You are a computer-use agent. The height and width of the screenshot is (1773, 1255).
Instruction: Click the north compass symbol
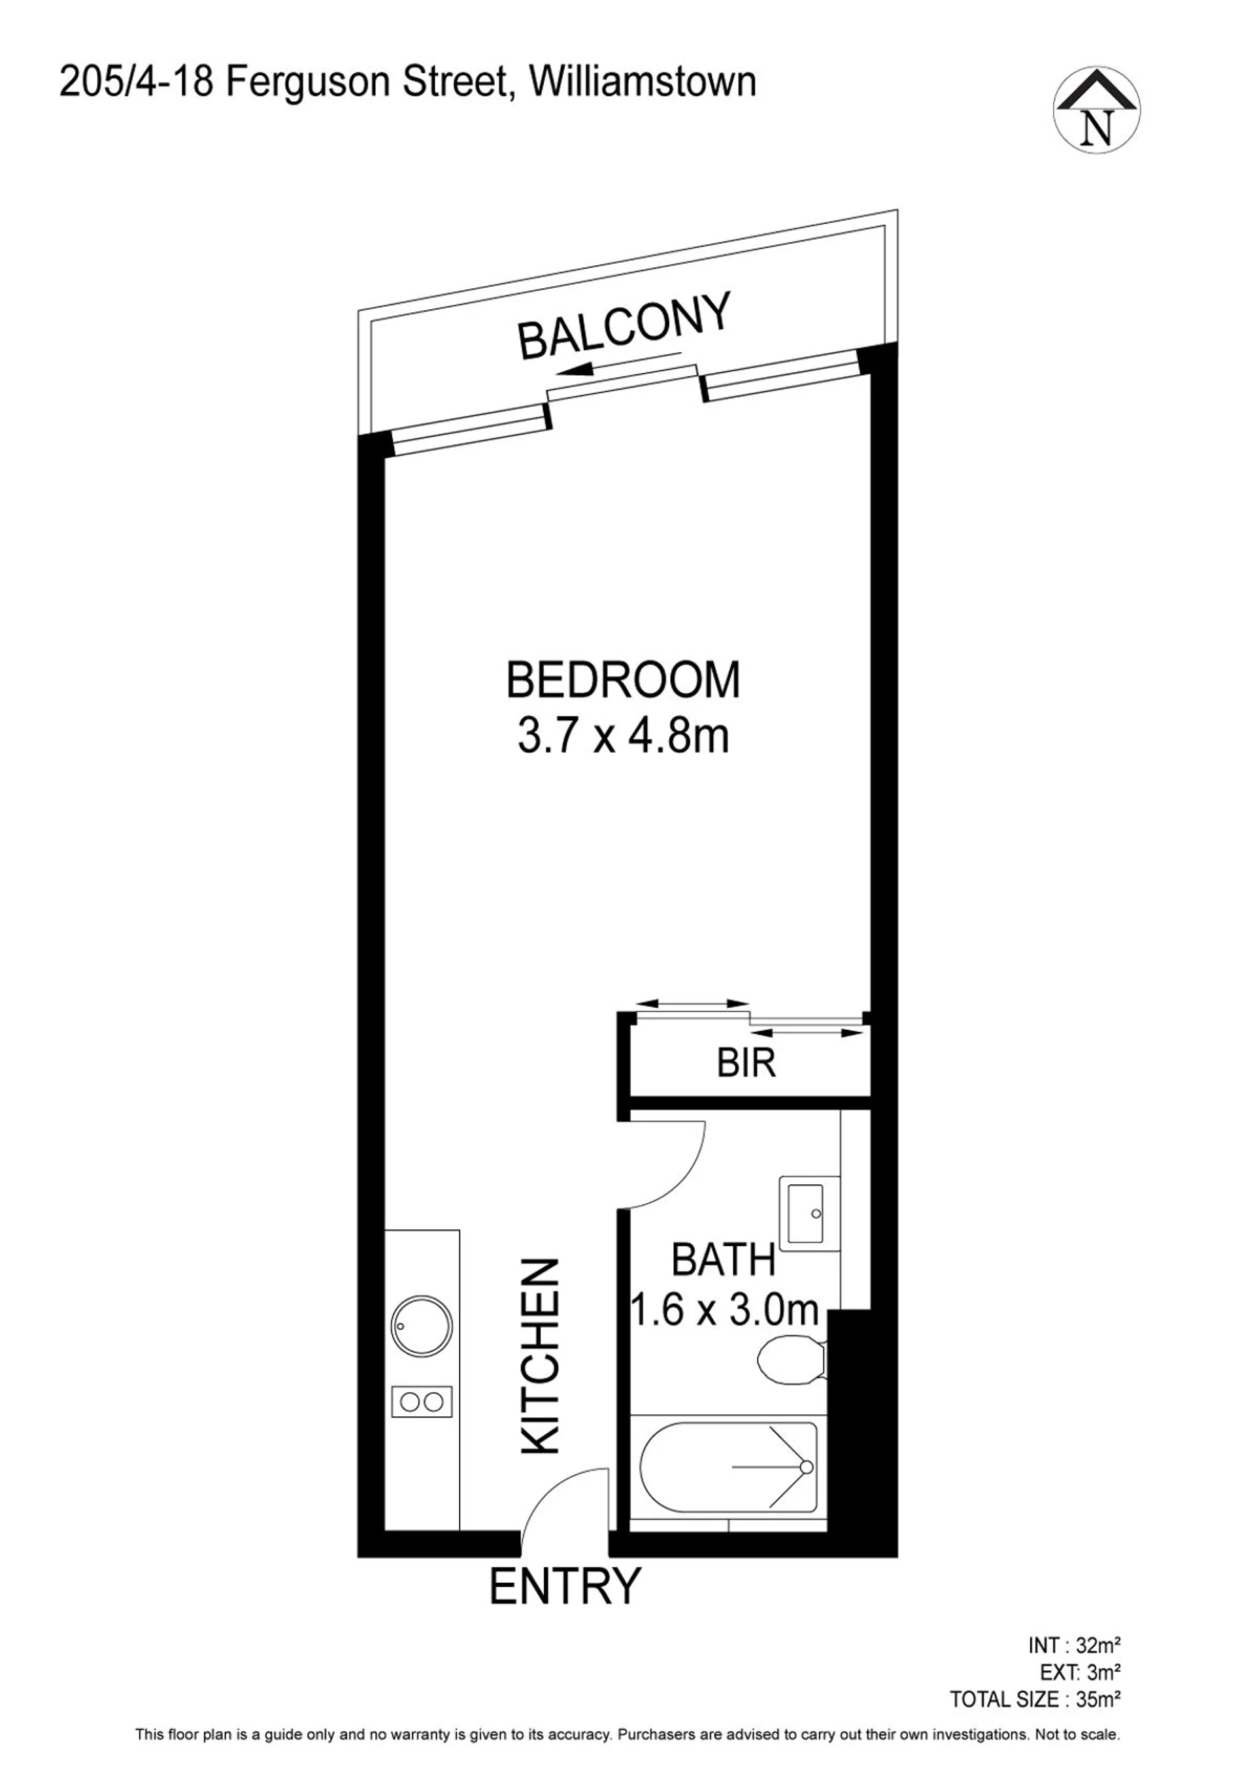tap(1097, 109)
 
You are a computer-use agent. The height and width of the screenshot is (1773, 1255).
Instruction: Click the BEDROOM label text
tap(623, 680)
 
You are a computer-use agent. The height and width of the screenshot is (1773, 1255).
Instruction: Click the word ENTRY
tap(565, 1585)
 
